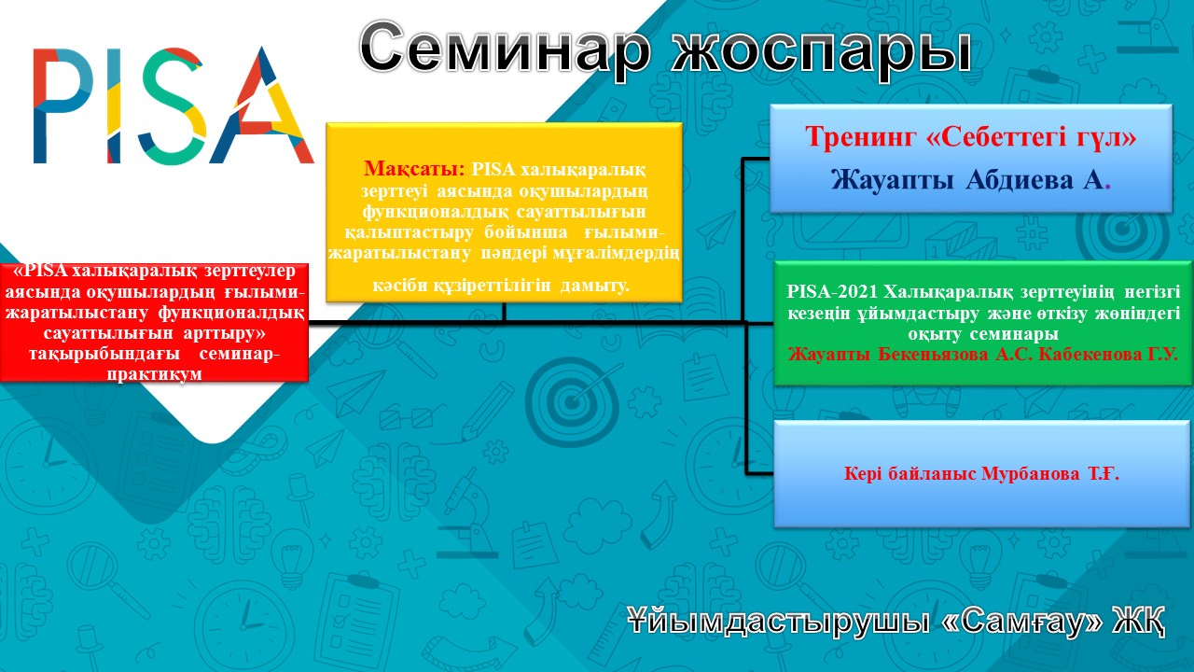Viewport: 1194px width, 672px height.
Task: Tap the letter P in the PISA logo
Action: tap(63, 105)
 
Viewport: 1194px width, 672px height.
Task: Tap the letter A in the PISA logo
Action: tap(261, 105)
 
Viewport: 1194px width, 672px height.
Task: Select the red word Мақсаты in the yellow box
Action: tap(414, 169)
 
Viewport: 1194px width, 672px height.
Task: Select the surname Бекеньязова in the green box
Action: tap(933, 354)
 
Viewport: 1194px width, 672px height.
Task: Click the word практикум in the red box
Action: tap(155, 374)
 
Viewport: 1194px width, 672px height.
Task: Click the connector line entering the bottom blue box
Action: tap(759, 473)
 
